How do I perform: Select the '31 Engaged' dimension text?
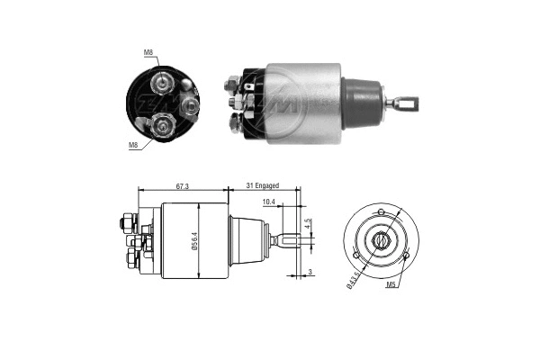point(263,185)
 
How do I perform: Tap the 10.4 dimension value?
point(268,202)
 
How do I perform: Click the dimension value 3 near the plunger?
point(309,271)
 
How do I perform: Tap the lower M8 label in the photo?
point(133,144)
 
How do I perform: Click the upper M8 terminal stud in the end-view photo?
point(163,85)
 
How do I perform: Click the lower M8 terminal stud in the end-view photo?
point(164,124)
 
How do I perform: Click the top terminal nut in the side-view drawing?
point(125,220)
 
